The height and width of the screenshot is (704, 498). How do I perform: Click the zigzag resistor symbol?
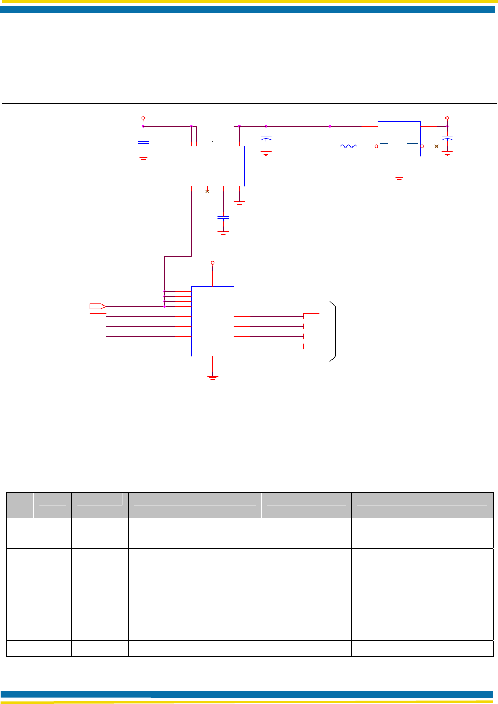[349, 146]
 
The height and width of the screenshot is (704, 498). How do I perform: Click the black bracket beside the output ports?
[333, 331]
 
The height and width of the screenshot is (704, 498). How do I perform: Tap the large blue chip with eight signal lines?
[212, 321]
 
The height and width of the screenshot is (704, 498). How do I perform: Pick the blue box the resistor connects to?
[399, 139]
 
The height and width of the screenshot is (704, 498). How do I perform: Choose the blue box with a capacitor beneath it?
[215, 166]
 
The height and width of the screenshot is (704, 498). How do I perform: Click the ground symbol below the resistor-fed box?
[399, 178]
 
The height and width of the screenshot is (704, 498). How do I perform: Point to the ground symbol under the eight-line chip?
[212, 377]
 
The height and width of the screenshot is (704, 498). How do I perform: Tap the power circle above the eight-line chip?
[212, 262]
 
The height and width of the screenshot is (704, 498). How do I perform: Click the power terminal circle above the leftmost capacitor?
[143, 118]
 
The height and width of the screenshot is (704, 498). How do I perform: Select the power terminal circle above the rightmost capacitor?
[447, 118]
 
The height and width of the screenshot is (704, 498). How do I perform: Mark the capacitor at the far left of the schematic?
[143, 142]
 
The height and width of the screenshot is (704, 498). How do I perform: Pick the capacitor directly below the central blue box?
[223, 217]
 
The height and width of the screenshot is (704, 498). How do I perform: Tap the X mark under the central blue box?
[207, 191]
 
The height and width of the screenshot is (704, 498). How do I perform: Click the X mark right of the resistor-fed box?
[436, 146]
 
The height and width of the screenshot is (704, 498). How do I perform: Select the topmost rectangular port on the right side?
[311, 316]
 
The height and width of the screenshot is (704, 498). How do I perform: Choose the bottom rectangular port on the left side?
[98, 346]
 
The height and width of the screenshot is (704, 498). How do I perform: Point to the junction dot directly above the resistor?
[330, 126]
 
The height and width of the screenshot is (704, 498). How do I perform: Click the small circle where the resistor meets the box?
[376, 146]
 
